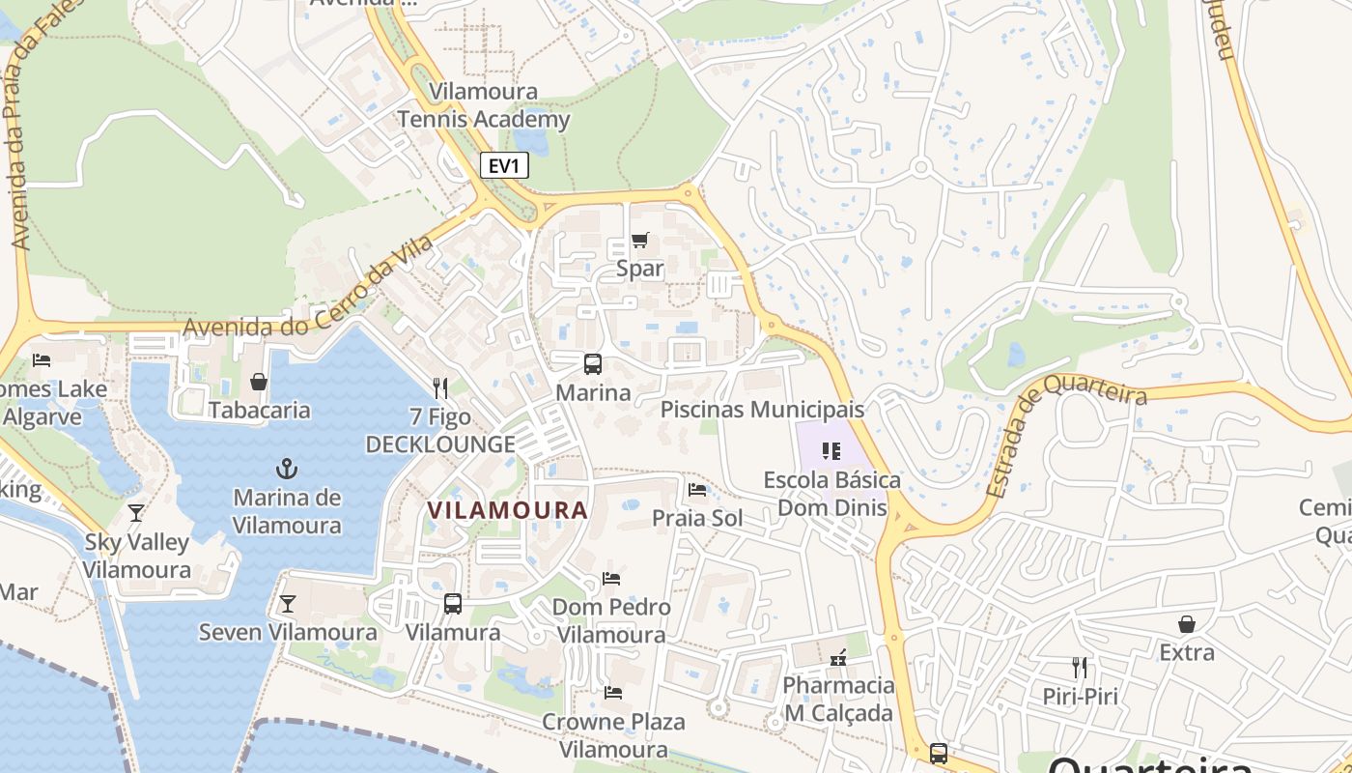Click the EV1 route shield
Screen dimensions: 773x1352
pos(504,165)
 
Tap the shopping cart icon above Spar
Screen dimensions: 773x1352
pos(639,241)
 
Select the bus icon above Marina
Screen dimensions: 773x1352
pos(593,364)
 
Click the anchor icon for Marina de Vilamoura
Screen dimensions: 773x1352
pos(287,470)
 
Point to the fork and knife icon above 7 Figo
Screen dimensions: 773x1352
pos(440,388)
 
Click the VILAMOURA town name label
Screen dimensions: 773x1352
pos(507,510)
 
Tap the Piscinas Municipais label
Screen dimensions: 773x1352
pos(762,410)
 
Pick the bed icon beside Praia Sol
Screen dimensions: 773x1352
pos(697,490)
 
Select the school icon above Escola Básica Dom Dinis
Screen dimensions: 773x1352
pos(831,451)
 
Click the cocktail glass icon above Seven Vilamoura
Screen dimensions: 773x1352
pos(287,604)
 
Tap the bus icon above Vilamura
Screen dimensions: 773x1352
pos(453,604)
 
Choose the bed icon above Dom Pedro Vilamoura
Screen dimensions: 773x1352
pos(611,579)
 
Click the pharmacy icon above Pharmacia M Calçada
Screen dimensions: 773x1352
pos(838,658)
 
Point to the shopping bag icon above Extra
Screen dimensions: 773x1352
pos(1187,624)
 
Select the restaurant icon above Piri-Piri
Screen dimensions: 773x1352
pos(1080,668)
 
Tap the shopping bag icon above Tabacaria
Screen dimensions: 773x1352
pos(259,382)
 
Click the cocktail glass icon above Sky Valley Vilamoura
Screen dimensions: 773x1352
pos(136,513)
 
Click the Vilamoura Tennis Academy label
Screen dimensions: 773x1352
pos(484,106)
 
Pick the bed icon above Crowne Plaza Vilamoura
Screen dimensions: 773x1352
pos(612,693)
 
